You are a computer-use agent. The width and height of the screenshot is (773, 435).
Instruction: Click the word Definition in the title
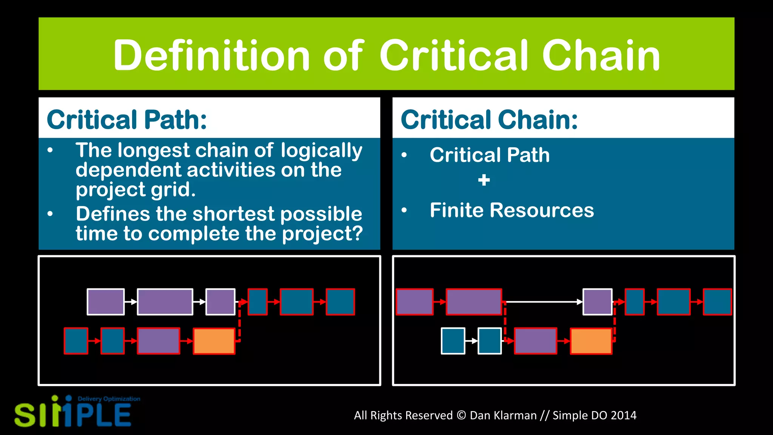[211, 56]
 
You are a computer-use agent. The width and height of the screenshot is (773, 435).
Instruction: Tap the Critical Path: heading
[127, 120]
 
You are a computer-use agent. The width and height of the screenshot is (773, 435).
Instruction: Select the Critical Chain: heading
[489, 120]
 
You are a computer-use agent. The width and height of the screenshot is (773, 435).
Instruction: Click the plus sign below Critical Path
[484, 180]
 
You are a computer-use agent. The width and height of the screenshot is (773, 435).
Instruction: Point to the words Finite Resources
[511, 210]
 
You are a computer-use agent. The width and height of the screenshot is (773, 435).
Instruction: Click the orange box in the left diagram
[214, 341]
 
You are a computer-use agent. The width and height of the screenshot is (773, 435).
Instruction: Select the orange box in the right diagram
[591, 341]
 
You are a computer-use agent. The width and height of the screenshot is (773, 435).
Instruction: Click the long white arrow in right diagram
[543, 302]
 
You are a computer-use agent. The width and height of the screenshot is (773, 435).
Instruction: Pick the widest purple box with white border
[165, 302]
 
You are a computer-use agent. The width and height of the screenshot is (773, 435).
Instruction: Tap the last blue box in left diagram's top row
[340, 302]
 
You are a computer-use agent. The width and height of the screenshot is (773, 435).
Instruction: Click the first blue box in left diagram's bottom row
[76, 341]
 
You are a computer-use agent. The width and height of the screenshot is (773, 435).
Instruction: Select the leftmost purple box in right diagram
[414, 302]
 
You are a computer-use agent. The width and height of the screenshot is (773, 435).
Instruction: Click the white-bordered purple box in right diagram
[597, 302]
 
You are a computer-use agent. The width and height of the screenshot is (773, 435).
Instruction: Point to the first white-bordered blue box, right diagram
[453, 341]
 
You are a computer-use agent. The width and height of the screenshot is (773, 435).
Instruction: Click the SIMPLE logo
[72, 414]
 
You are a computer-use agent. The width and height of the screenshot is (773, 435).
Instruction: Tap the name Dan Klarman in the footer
[503, 415]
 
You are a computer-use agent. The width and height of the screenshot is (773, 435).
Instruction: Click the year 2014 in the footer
[623, 415]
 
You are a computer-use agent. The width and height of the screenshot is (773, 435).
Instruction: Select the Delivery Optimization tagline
[109, 399]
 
